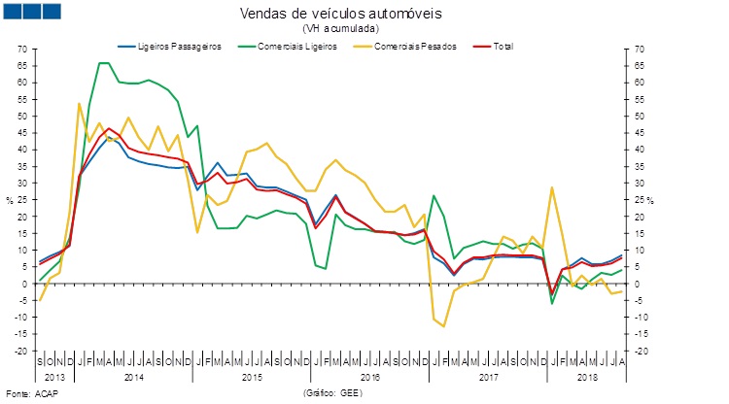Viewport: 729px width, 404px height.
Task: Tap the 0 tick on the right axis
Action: (637, 284)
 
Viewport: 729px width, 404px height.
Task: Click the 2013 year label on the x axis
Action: (55, 375)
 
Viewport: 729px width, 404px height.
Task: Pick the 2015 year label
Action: (252, 375)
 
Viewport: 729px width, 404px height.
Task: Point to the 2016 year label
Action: (369, 375)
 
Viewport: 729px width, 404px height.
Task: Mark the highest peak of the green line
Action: (104, 63)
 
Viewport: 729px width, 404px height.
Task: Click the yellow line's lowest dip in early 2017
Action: (444, 326)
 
